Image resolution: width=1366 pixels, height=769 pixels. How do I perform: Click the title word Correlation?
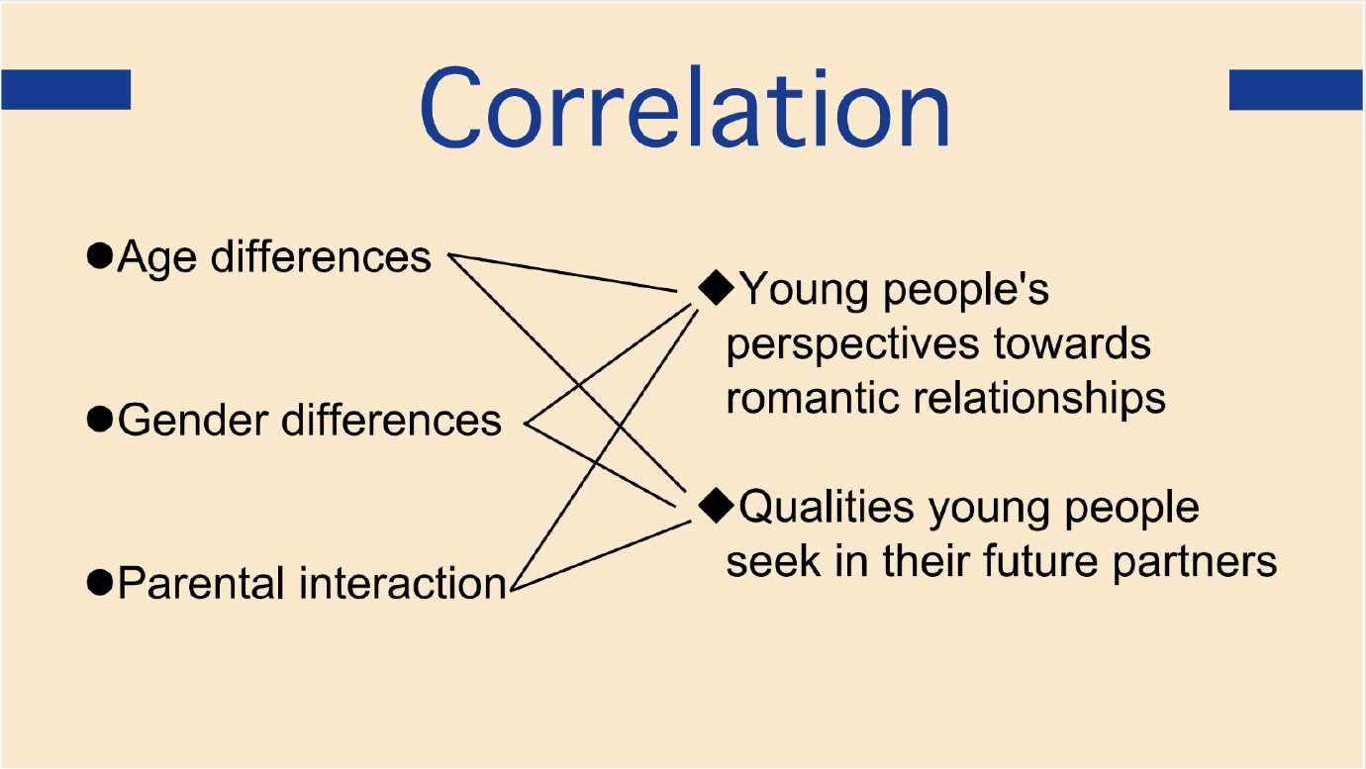(x=684, y=108)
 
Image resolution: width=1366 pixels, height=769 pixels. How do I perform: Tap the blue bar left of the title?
(x=66, y=90)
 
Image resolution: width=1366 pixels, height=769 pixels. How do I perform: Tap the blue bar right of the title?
(x=1297, y=90)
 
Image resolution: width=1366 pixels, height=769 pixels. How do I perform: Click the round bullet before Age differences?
(x=100, y=255)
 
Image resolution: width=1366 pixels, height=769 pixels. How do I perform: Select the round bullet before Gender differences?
(x=100, y=420)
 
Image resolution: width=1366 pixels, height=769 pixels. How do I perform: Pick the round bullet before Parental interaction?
(x=100, y=582)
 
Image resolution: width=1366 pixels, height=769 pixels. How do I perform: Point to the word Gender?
(x=193, y=421)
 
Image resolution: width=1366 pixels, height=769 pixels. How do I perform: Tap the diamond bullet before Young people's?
(x=716, y=288)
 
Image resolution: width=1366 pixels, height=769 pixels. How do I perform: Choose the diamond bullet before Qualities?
(x=716, y=505)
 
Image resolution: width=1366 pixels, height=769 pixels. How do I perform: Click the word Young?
(x=806, y=291)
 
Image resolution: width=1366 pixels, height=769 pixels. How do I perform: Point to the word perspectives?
(x=852, y=345)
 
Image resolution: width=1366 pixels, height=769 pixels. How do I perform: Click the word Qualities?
(x=827, y=507)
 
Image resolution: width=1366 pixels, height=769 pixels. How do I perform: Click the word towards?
(x=1072, y=343)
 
